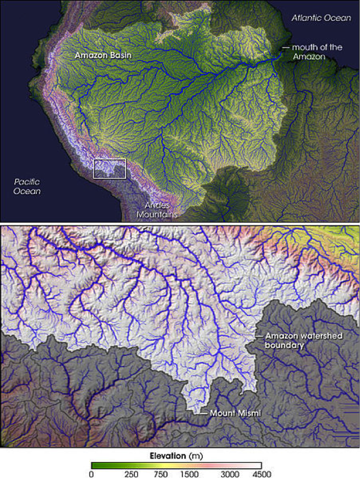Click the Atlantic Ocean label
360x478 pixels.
(x=321, y=18)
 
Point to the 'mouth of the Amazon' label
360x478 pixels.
(x=316, y=52)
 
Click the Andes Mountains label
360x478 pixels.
(x=157, y=210)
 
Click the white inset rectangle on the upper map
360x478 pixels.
(x=110, y=169)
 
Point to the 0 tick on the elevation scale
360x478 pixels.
(x=91, y=473)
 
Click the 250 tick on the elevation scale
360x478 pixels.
(x=131, y=473)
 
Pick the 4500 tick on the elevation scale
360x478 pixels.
(x=260, y=473)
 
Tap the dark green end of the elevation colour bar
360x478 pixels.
(x=95, y=465)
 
